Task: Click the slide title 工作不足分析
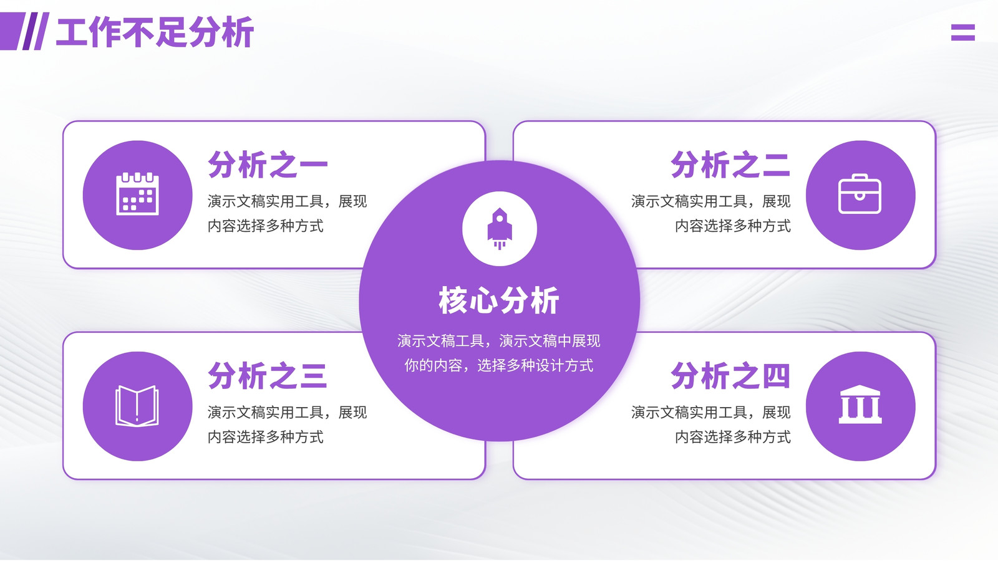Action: coord(155,32)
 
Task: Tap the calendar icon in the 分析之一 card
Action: coord(137,194)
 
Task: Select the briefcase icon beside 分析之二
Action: coord(860,194)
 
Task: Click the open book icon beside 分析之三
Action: coord(137,406)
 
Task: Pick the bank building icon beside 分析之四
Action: coord(860,405)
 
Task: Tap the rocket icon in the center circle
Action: coord(500,228)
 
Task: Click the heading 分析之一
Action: coord(268,165)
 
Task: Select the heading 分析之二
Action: coord(730,165)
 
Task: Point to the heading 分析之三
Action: coord(268,376)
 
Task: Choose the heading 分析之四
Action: coord(730,376)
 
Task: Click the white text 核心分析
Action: coord(499,300)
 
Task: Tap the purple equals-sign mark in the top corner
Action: coord(963,32)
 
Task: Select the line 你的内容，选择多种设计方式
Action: coord(499,365)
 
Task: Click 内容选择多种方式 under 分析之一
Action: coord(266,226)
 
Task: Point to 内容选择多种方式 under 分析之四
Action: coord(733,437)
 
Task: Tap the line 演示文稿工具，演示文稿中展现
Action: coord(499,341)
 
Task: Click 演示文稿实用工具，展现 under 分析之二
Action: coord(711,201)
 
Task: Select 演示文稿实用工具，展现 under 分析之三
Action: coord(288,412)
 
